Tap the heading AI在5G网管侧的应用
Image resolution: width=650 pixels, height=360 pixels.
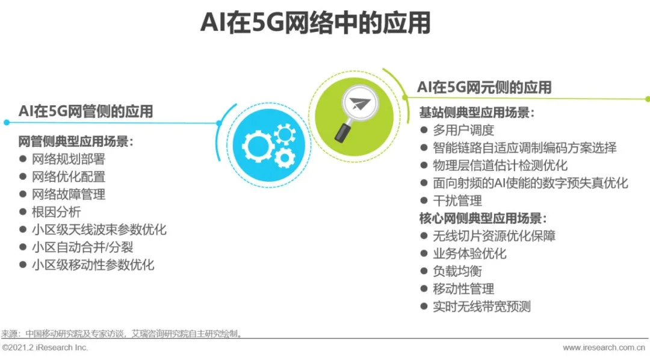(x=86, y=111)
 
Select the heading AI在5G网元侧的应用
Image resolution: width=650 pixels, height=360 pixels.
(x=484, y=87)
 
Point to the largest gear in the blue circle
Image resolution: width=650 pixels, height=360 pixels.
(x=258, y=146)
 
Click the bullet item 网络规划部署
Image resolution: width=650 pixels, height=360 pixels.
(x=69, y=160)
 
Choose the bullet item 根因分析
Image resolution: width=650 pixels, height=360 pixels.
(x=57, y=212)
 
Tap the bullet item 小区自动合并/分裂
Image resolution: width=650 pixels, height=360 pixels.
(x=82, y=247)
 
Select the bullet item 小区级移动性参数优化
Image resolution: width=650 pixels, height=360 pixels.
(x=93, y=265)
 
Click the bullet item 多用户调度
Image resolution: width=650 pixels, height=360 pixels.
(x=463, y=130)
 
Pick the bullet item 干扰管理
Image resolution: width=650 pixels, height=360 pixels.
(x=457, y=200)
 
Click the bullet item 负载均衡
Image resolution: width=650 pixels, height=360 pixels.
(x=457, y=272)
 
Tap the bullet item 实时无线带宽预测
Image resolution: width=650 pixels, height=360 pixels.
(x=481, y=306)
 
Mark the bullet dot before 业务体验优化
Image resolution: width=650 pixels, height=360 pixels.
(x=424, y=253)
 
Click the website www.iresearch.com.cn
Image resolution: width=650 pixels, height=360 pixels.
(x=604, y=347)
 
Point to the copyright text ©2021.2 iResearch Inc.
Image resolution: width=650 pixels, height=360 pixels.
(x=45, y=347)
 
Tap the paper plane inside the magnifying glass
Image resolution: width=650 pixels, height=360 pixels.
(x=359, y=104)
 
